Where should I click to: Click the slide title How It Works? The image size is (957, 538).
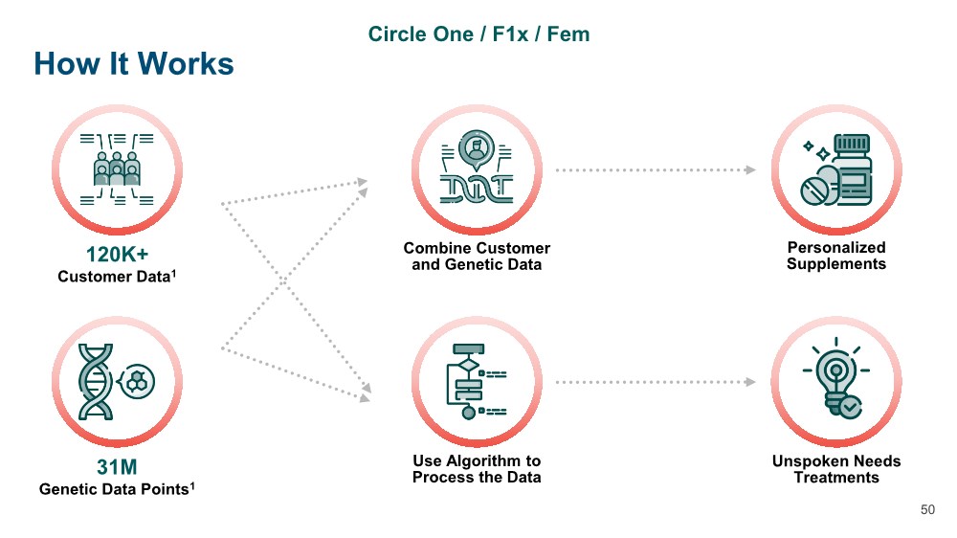(134, 64)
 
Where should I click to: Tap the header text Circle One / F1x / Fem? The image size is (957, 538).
(478, 34)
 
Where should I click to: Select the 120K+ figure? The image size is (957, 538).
(116, 256)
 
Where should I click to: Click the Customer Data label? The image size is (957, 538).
(116, 278)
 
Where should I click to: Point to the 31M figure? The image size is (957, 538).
(116, 467)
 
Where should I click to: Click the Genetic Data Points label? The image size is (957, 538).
(117, 489)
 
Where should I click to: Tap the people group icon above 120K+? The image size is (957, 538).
(116, 168)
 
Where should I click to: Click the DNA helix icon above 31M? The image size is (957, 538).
(116, 380)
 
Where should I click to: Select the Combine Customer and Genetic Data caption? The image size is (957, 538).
(477, 256)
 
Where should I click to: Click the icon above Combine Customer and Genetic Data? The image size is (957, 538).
(477, 168)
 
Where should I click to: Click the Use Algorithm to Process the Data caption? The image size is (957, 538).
(477, 469)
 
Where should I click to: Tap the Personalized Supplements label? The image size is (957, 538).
(836, 256)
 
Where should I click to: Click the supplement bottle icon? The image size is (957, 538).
(836, 168)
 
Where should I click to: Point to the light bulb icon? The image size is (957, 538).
(836, 380)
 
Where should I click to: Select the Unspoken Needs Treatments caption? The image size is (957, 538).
(836, 469)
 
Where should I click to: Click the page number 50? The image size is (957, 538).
(927, 510)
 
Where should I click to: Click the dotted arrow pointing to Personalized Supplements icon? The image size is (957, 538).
(656, 169)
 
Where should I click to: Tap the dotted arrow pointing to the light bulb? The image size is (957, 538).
(656, 381)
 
